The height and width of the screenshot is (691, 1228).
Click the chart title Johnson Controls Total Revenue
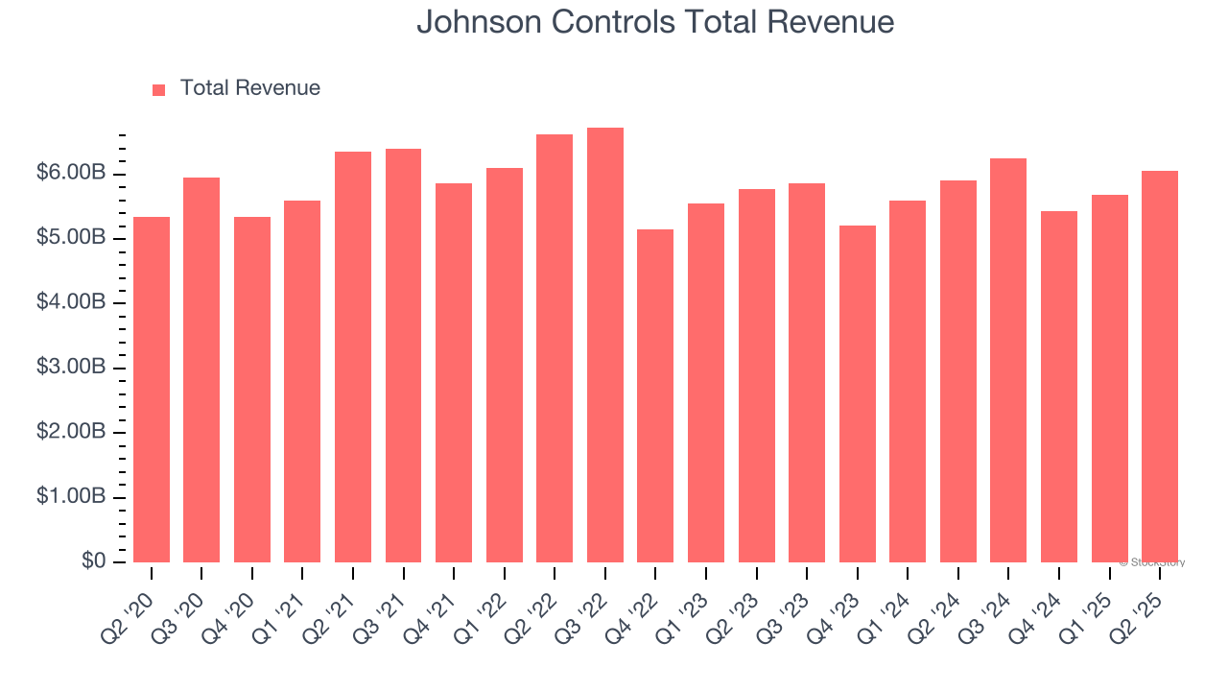(655, 22)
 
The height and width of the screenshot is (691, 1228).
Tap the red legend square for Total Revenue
(159, 89)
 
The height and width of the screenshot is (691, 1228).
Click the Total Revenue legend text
(249, 88)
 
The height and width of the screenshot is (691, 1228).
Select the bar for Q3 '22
(604, 345)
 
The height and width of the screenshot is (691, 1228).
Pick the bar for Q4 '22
(655, 395)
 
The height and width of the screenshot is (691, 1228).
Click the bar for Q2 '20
(152, 390)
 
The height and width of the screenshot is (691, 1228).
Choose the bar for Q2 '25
(1160, 367)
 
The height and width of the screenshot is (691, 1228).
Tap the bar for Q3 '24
(1008, 360)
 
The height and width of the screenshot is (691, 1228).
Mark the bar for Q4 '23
(857, 393)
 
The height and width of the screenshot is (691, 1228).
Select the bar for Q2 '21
(353, 357)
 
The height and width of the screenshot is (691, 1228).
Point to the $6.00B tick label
(71, 174)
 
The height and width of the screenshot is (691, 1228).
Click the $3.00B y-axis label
(71, 368)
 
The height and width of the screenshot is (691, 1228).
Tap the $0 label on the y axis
(93, 561)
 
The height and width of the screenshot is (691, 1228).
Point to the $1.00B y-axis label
(71, 497)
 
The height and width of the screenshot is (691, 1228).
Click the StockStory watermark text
(1152, 562)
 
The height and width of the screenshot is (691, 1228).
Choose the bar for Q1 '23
(705, 383)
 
